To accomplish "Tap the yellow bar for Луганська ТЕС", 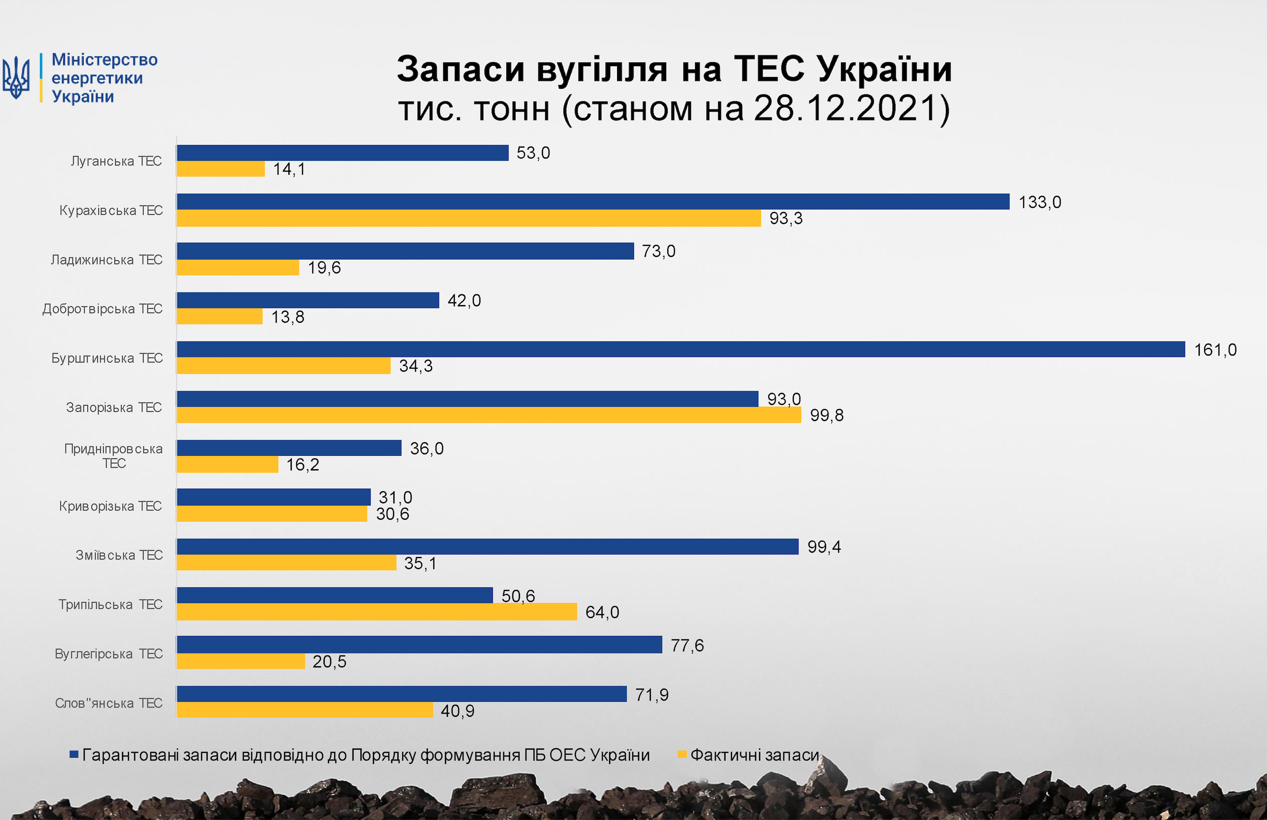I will pyautogui.click(x=220, y=169).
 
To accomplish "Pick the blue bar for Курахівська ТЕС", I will pyautogui.click(x=593, y=202).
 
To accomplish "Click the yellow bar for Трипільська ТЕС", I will pyautogui.click(x=376, y=612).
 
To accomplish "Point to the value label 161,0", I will pyautogui.click(x=1215, y=350).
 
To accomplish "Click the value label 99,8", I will pyautogui.click(x=826, y=415).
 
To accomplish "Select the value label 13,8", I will pyautogui.click(x=287, y=317).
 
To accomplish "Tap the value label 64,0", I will pyautogui.click(x=602, y=612).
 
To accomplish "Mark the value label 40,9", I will pyautogui.click(x=457, y=711).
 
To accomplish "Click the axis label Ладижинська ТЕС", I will pyautogui.click(x=106, y=260).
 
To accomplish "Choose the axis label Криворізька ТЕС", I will pyautogui.click(x=110, y=506).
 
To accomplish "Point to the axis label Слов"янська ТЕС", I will pyautogui.click(x=109, y=703).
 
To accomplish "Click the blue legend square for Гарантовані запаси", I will pyautogui.click(x=74, y=754).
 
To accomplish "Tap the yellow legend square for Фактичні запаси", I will pyautogui.click(x=682, y=754).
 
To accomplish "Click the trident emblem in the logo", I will pyautogui.click(x=16, y=78).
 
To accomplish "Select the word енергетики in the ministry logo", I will pyautogui.click(x=97, y=78).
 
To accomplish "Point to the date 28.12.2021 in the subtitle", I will pyautogui.click(x=845, y=108).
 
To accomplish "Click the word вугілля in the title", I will pyautogui.click(x=601, y=69).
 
